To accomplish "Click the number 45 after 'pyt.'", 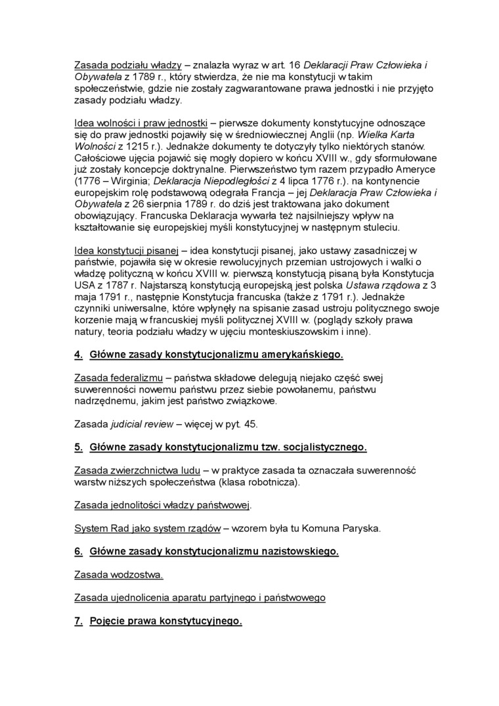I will pyautogui.click(x=251, y=424).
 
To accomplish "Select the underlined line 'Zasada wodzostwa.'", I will pyautogui.click(x=118, y=575).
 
